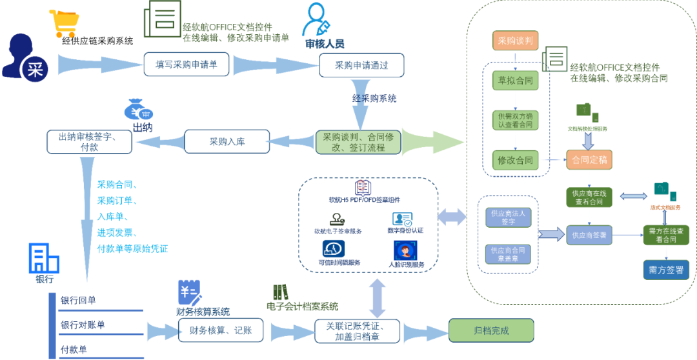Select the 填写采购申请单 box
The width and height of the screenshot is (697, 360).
(187, 65)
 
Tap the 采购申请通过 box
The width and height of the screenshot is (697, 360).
(361, 65)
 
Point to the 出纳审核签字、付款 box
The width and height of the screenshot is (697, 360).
(89, 141)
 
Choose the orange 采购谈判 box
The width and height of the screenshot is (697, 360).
(514, 41)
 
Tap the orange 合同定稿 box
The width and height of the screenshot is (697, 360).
(588, 159)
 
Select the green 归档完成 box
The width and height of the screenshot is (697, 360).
(491, 330)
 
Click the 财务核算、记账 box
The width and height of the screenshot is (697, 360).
(212, 331)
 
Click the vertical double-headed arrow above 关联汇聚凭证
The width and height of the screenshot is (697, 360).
(377, 297)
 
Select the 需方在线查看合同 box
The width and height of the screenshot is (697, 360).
(666, 235)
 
